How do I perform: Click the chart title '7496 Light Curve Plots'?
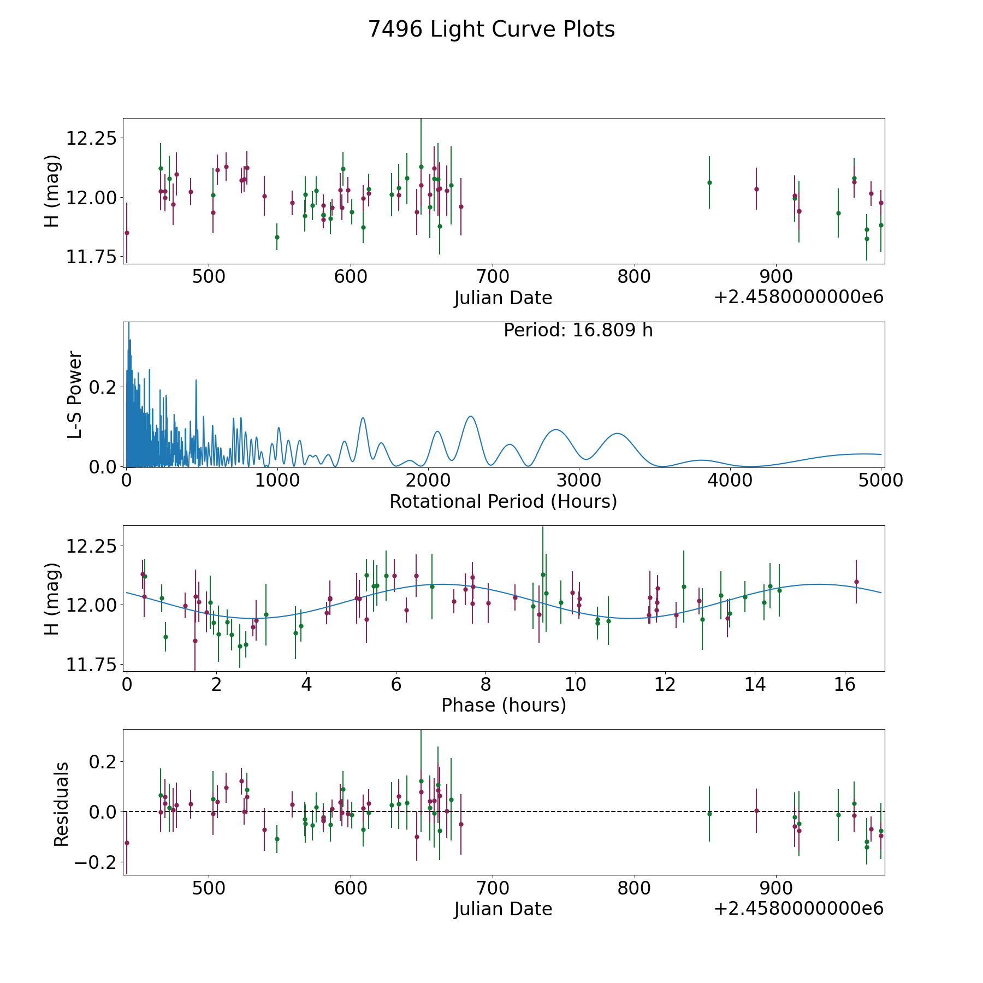tap(491, 29)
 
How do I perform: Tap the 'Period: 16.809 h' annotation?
tap(578, 330)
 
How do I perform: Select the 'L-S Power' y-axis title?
tap(75, 394)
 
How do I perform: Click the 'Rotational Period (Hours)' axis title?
tap(503, 501)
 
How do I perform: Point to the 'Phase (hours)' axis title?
tap(504, 705)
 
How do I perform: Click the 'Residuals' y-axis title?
tap(61, 804)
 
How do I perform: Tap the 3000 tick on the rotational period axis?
tap(579, 480)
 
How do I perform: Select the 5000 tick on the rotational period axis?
tap(880, 480)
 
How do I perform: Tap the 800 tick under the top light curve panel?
tap(634, 276)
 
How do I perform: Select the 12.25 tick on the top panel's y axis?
tap(91, 138)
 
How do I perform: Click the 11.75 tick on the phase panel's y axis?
tap(91, 665)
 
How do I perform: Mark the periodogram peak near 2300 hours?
tap(470, 416)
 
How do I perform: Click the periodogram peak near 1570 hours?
tap(363, 418)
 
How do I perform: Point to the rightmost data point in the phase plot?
tap(856, 582)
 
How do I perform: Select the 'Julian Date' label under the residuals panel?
tap(503, 909)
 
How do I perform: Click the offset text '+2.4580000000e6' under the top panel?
tap(798, 297)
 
